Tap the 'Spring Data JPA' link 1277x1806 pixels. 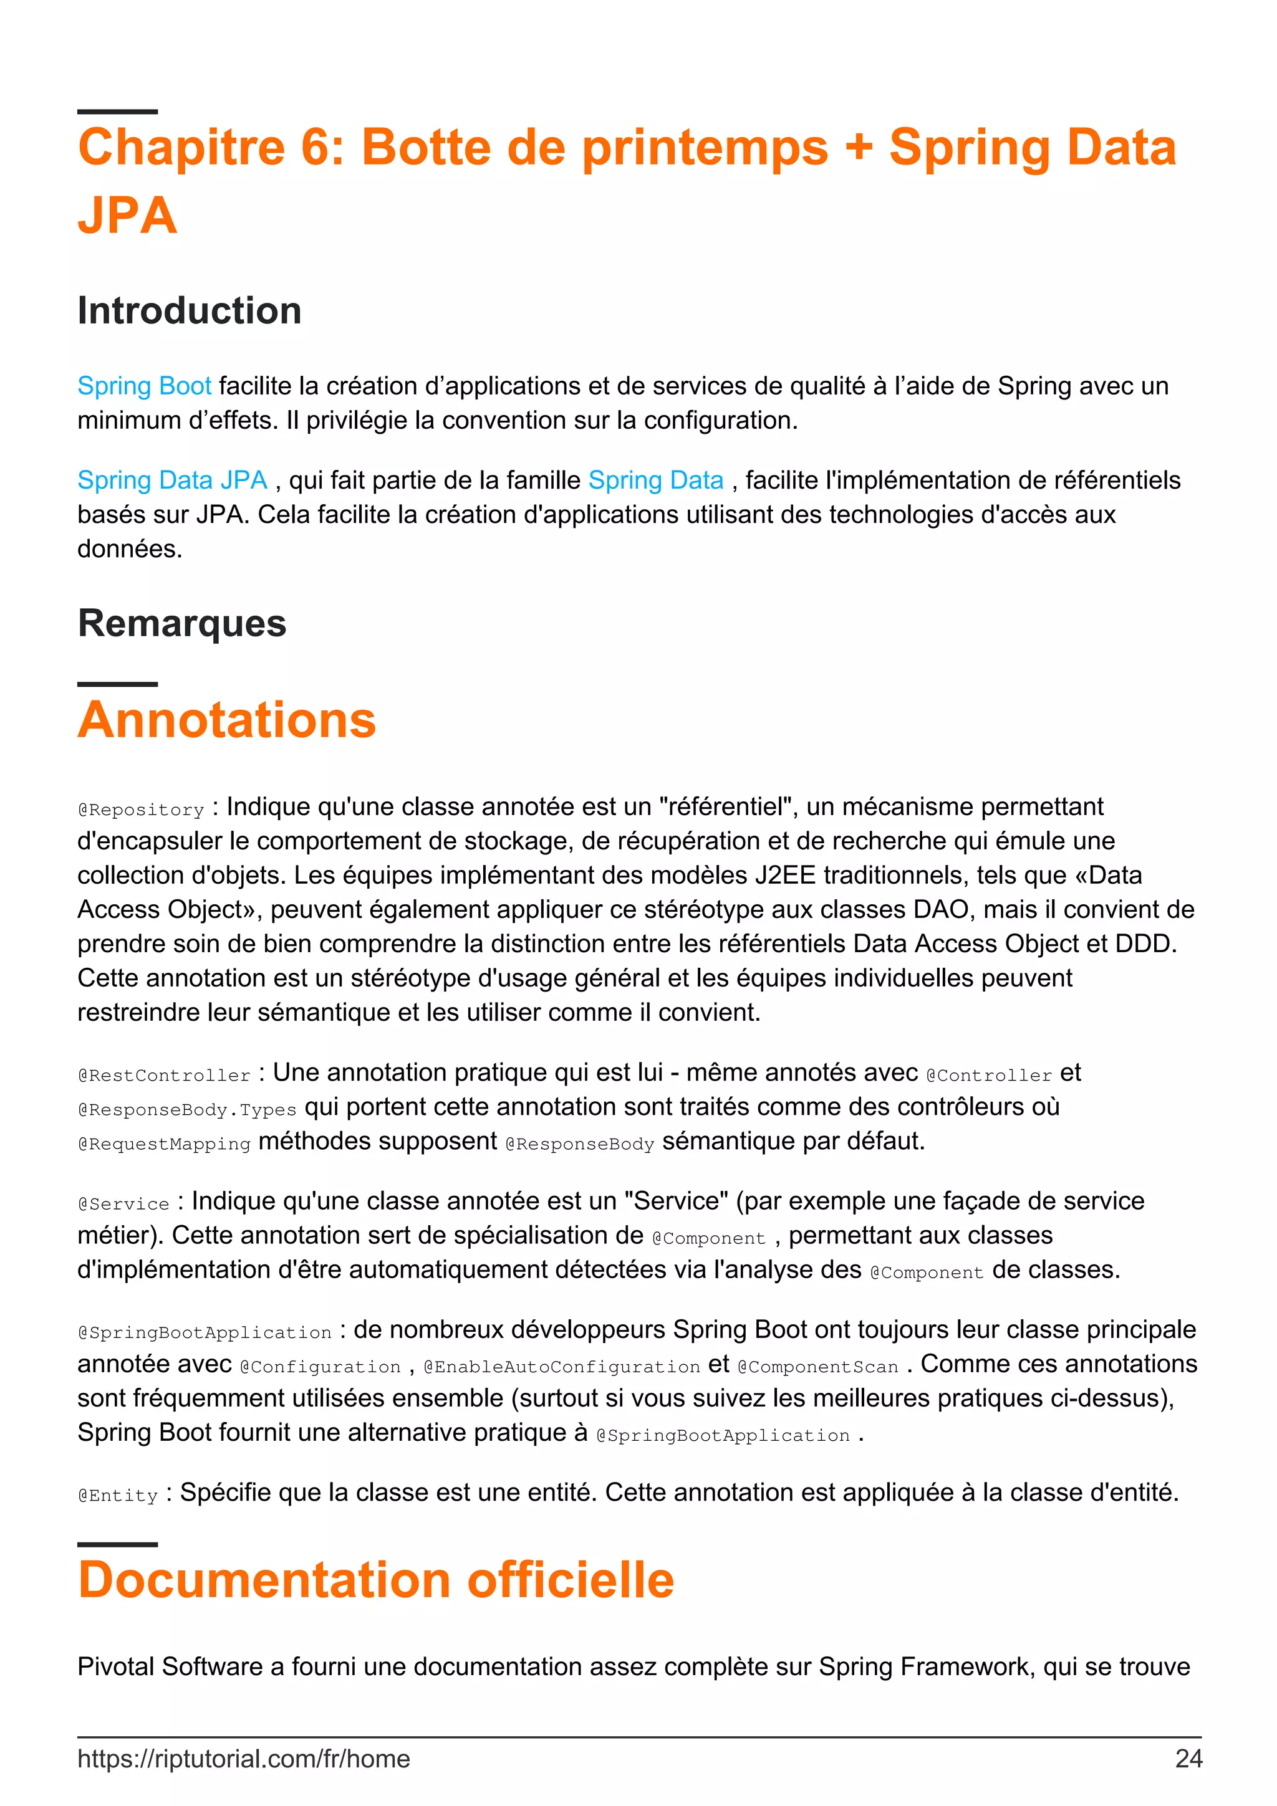(x=172, y=480)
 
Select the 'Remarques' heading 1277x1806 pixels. (x=181, y=623)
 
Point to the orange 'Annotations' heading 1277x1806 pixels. (x=226, y=720)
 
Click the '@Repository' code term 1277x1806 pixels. (x=141, y=810)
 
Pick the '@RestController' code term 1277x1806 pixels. (x=163, y=1075)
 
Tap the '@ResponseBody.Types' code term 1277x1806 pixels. (x=186, y=1110)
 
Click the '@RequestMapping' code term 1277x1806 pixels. (x=163, y=1144)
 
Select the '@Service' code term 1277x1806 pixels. (x=123, y=1203)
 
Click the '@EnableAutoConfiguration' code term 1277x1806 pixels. (x=561, y=1367)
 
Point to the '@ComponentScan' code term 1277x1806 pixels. (x=817, y=1367)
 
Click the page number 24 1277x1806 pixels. (x=1188, y=1759)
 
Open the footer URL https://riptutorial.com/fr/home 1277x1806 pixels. (x=243, y=1759)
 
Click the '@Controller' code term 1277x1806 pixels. (x=989, y=1075)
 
